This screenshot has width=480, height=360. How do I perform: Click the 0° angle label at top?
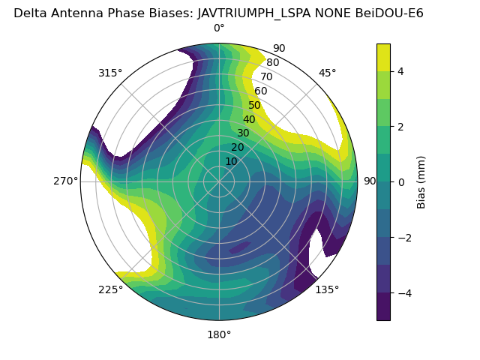(x=219, y=28)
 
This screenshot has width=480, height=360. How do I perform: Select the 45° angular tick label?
(x=327, y=73)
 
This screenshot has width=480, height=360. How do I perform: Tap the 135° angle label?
(x=327, y=289)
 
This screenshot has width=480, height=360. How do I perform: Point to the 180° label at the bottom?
(x=219, y=334)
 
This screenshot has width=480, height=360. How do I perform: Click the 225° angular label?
(x=110, y=289)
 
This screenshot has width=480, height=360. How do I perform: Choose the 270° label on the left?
(x=65, y=181)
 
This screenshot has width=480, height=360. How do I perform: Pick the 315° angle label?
(x=110, y=73)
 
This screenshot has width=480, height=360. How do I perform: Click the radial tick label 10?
(x=231, y=161)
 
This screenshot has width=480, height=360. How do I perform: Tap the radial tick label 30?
(x=243, y=133)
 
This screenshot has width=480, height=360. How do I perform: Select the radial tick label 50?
(x=255, y=106)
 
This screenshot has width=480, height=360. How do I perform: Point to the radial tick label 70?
(x=267, y=77)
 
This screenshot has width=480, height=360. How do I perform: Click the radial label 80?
(x=273, y=63)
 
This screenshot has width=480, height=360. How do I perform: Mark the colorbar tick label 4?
(x=401, y=71)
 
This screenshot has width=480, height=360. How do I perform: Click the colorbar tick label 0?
(x=401, y=181)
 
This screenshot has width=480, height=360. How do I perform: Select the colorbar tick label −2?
(x=403, y=237)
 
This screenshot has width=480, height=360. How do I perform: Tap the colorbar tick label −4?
(x=403, y=292)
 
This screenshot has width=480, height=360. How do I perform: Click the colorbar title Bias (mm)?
(x=421, y=181)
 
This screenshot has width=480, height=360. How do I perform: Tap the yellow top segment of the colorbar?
(x=383, y=57)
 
